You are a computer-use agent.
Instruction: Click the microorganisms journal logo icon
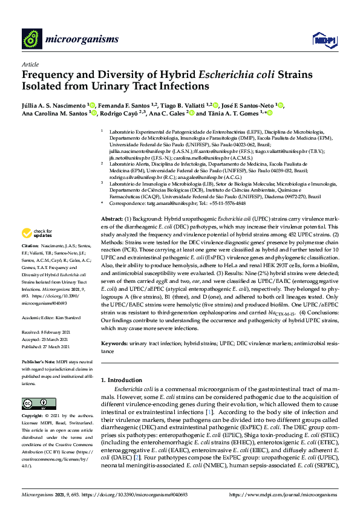point(31,39)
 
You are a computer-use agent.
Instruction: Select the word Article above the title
point(30,64)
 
